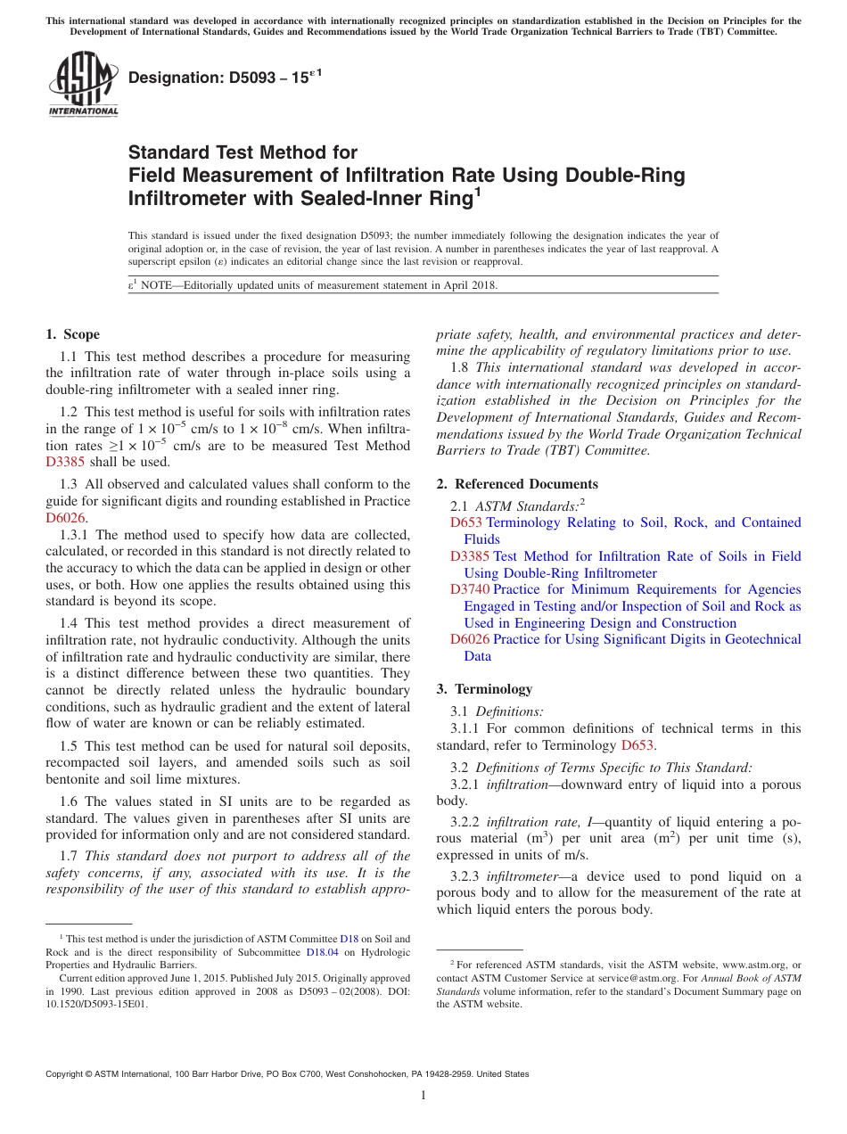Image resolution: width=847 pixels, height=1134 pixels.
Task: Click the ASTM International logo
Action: (82, 86)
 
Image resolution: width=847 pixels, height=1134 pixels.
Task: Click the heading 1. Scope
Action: (72, 334)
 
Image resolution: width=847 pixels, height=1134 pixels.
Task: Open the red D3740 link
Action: (470, 589)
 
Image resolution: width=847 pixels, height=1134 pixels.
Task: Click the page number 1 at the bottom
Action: (423, 1095)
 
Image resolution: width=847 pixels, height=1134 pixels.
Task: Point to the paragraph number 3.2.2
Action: (464, 821)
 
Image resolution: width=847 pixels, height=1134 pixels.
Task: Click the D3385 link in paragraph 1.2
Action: (62, 462)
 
